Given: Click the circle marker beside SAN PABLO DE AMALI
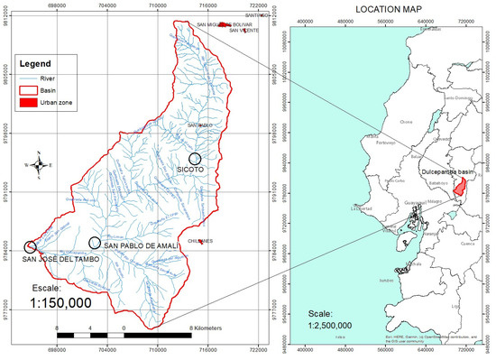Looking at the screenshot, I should point(95,242).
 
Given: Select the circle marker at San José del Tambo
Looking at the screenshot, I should point(30,245).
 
